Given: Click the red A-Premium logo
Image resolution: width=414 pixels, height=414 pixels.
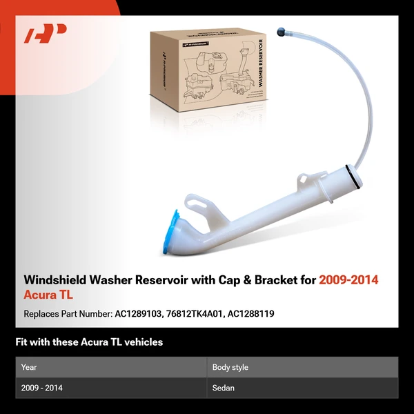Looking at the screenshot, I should click(45, 34).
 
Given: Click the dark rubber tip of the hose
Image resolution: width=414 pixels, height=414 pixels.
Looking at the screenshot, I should click(281, 31).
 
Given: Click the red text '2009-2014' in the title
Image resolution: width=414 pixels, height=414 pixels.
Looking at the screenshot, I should click(348, 280).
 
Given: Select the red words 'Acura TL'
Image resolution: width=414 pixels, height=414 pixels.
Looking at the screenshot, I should click(48, 295).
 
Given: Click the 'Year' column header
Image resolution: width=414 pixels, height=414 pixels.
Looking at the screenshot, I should click(29, 367).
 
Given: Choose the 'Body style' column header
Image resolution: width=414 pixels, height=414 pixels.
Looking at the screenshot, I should click(230, 367).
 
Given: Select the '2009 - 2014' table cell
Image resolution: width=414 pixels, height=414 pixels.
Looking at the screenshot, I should click(42, 388).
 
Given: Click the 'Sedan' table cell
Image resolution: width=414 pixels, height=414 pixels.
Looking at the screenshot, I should click(224, 388).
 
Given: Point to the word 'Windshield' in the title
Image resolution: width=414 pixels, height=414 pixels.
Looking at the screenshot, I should click(52, 280).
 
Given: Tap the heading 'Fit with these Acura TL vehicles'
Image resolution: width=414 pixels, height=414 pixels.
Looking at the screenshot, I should click(89, 342).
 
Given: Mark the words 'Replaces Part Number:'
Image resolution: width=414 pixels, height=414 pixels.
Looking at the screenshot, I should click(66, 313).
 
